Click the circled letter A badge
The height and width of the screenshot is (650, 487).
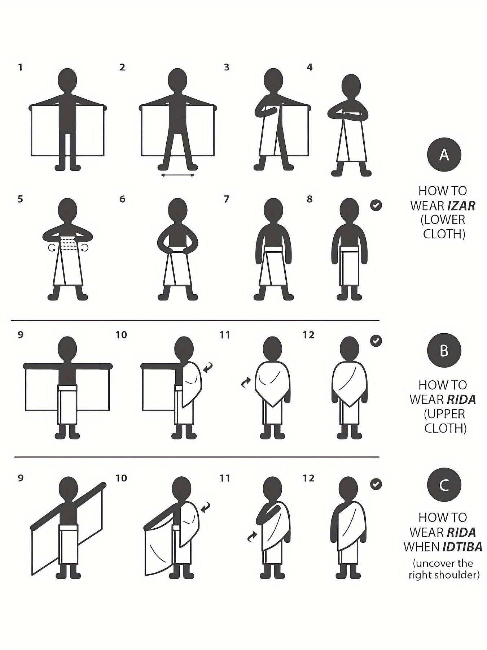(444, 155)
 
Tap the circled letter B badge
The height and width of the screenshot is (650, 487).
(444, 350)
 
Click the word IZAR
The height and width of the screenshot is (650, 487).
(461, 205)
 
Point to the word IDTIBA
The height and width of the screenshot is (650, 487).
(463, 547)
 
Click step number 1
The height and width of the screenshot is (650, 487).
(20, 67)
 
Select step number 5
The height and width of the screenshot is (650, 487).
(20, 199)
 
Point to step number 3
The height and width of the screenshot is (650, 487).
(227, 67)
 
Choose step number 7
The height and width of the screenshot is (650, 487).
(227, 199)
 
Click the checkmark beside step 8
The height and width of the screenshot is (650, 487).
(376, 205)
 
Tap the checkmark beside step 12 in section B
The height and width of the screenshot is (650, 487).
(376, 341)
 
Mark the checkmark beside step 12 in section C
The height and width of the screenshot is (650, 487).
(376, 484)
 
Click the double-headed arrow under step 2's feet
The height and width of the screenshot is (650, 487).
(178, 175)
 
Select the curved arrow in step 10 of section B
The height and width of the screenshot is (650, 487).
(208, 368)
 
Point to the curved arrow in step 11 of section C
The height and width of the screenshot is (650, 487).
(252, 537)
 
